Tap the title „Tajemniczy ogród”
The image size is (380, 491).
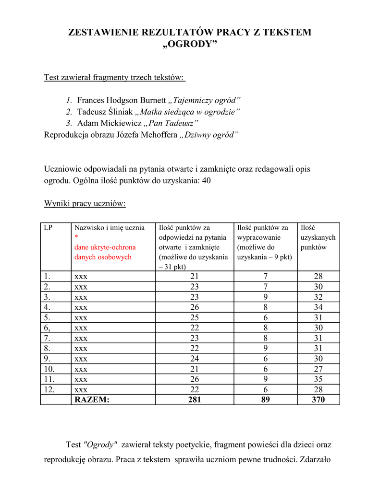(x=205, y=100)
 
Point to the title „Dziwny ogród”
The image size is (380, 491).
(x=209, y=135)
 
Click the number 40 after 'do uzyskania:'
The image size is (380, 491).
(x=206, y=181)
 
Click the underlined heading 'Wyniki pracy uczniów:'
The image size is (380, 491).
(x=85, y=203)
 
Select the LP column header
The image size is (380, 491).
(x=48, y=228)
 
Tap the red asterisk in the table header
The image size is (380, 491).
(x=76, y=237)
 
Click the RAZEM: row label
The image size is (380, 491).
(x=92, y=399)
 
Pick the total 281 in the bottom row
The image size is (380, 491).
(x=194, y=399)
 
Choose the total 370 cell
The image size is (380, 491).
(x=318, y=399)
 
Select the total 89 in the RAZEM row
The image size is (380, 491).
(x=265, y=399)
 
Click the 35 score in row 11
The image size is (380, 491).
(x=318, y=379)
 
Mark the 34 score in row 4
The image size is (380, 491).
(x=318, y=307)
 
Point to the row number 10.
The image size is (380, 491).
(x=49, y=369)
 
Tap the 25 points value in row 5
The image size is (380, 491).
(x=194, y=317)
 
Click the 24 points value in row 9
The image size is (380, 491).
(x=194, y=359)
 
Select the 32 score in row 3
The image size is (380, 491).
(x=318, y=297)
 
